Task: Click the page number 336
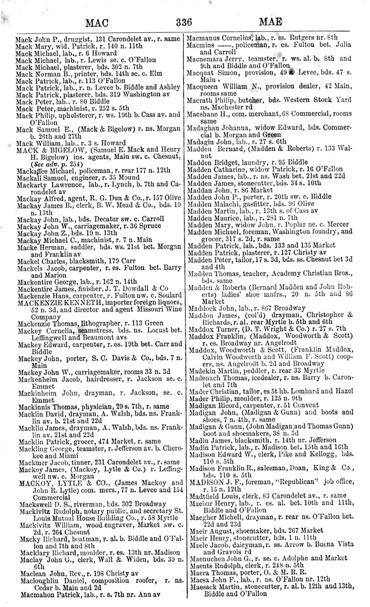pos(183,22)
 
